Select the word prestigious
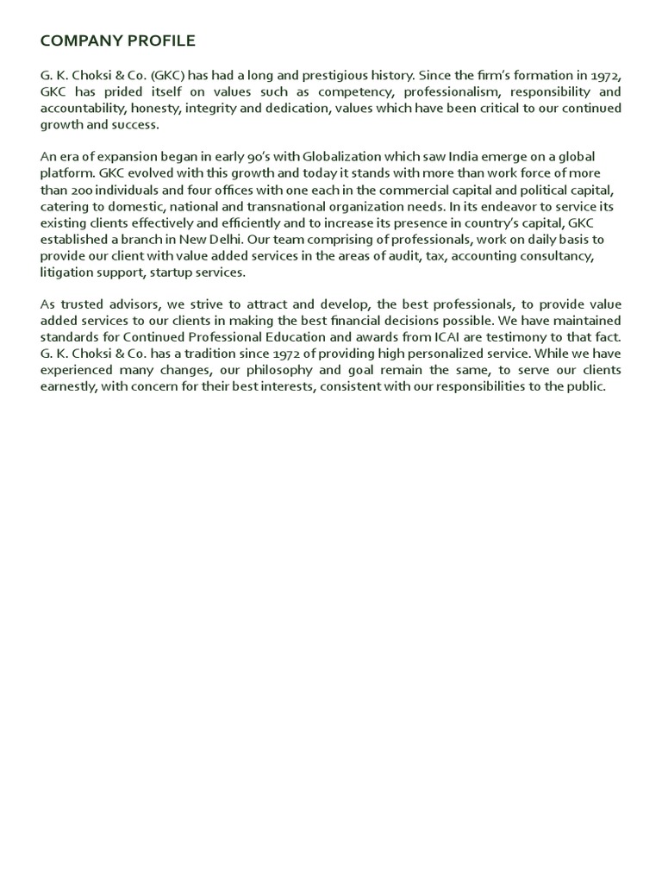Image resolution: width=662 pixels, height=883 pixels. [x=298, y=76]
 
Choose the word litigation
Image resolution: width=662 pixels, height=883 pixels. [x=66, y=272]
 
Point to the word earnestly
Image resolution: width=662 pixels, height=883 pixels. [x=68, y=385]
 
